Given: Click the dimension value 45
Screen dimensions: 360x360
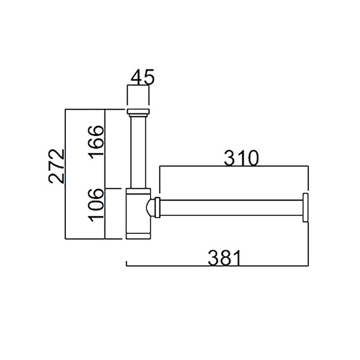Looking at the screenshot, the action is [x=142, y=77].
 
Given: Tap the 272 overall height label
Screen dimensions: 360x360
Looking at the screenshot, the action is [x=56, y=166].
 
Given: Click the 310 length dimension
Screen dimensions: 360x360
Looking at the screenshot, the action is [x=241, y=158].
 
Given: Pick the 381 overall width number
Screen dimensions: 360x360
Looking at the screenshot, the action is [x=224, y=257].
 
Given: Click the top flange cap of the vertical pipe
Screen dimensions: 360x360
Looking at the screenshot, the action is [x=138, y=112].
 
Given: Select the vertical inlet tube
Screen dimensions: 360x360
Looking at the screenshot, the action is [x=138, y=152].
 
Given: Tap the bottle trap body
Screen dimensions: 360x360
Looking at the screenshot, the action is [x=138, y=214].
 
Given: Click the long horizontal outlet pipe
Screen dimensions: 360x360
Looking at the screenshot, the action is [x=231, y=208].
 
